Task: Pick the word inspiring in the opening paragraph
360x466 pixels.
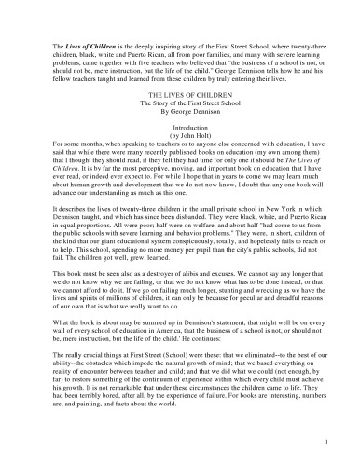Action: coord(153,44)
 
